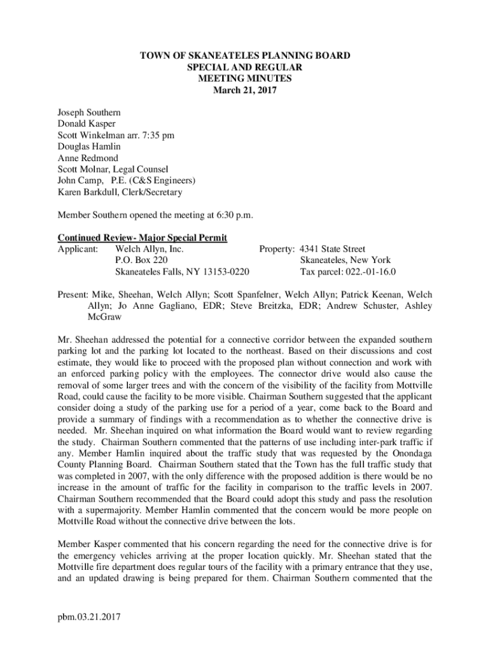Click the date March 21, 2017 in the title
(x=245, y=90)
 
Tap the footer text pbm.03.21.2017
(x=89, y=617)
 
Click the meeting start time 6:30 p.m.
(x=232, y=215)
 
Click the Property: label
(x=277, y=249)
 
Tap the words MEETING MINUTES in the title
(x=245, y=79)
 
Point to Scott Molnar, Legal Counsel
(x=113, y=169)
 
